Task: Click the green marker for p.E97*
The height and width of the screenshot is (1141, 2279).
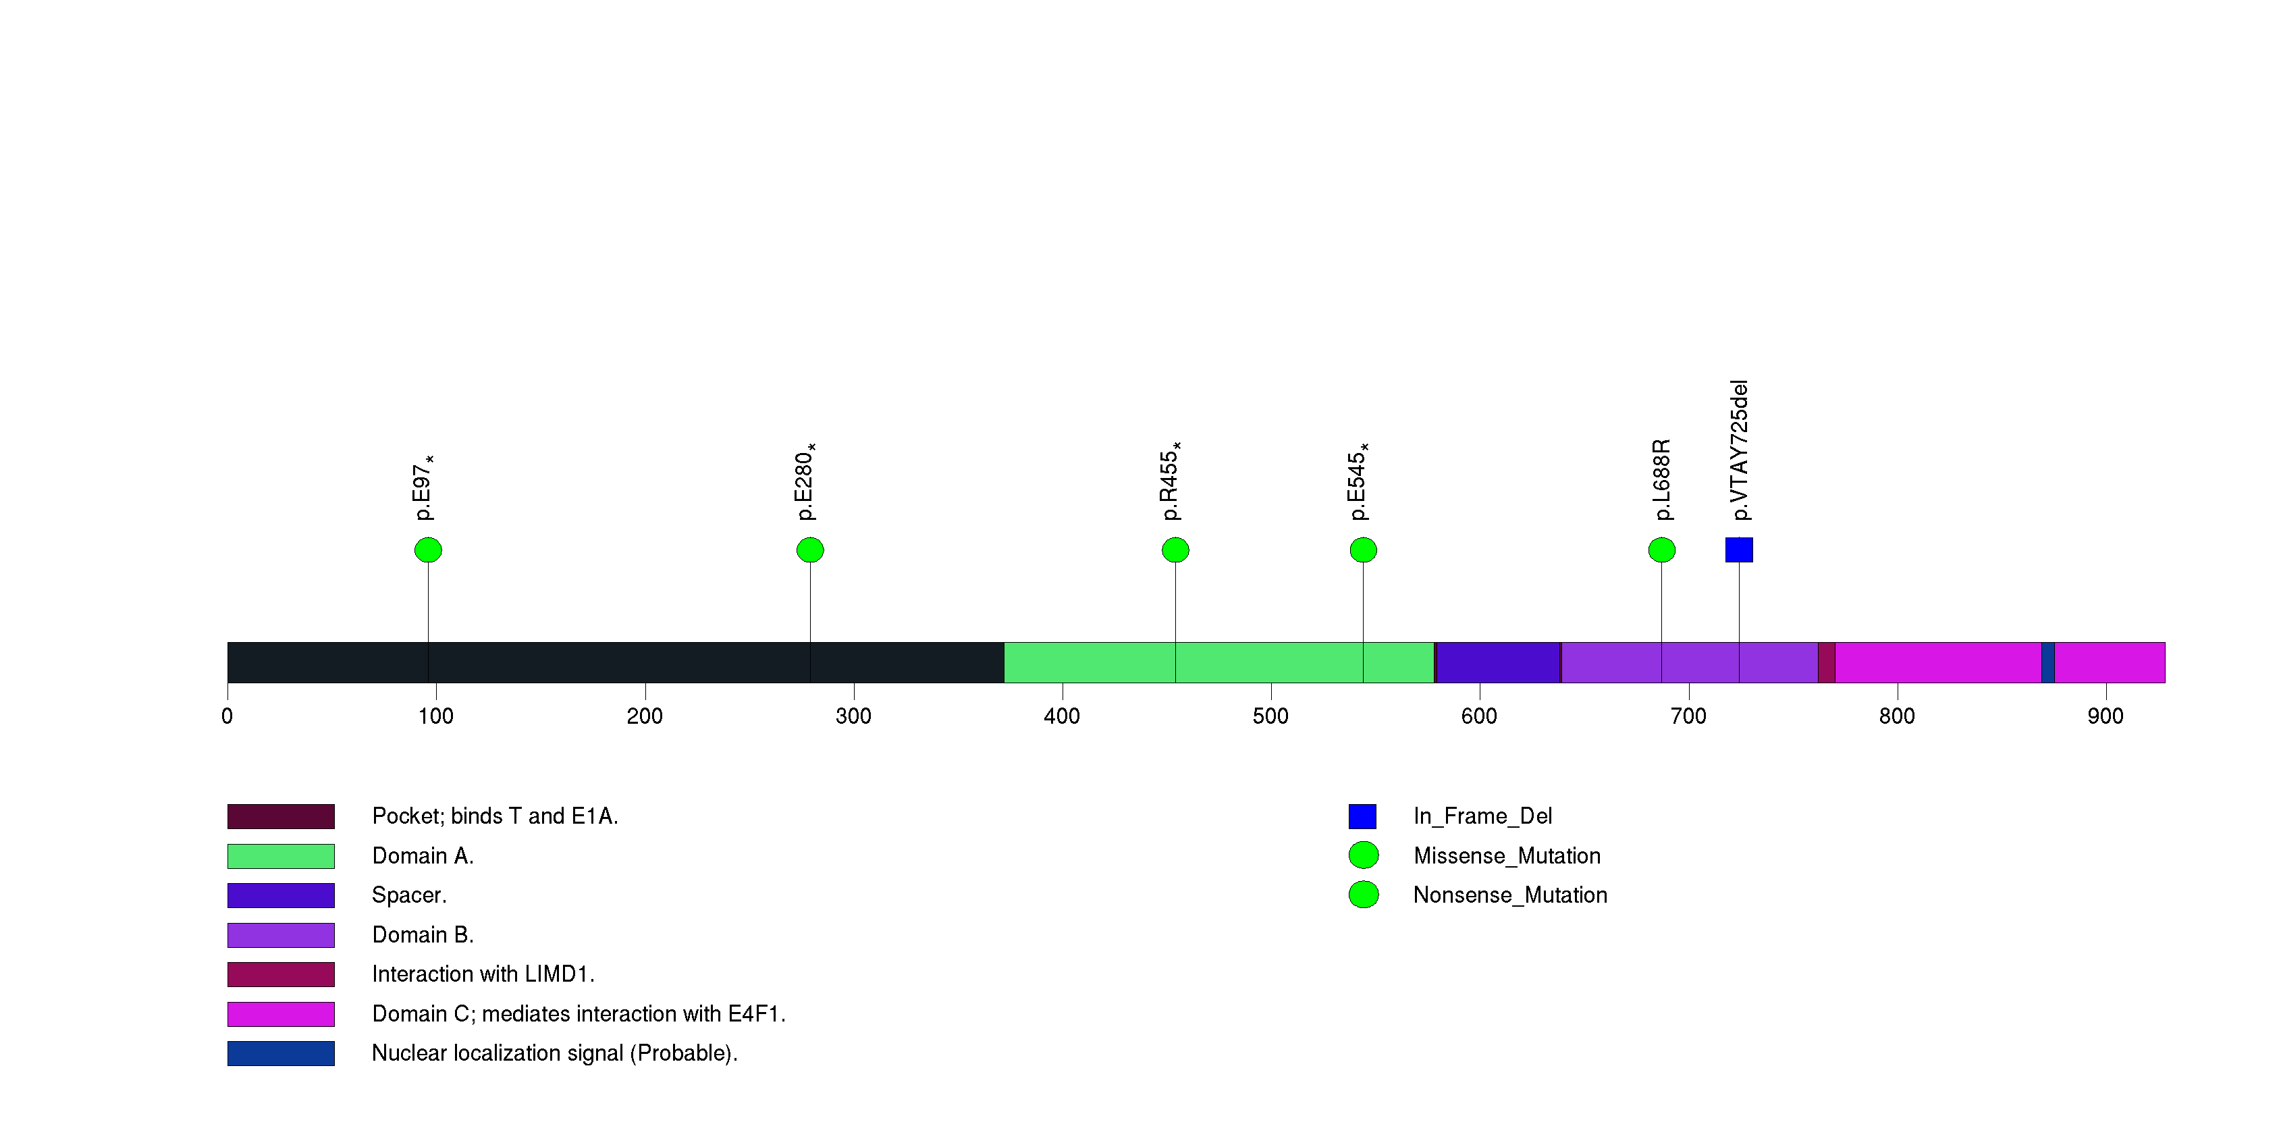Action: click(428, 550)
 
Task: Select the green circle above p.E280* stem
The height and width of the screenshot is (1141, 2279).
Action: click(810, 550)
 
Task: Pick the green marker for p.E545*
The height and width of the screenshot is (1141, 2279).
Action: click(1364, 550)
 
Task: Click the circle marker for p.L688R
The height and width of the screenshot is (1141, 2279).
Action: click(1661, 550)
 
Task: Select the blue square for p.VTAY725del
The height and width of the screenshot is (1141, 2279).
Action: click(1740, 550)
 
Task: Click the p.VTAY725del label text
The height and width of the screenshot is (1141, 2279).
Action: click(1740, 450)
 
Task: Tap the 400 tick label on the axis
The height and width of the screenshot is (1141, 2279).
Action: click(1062, 716)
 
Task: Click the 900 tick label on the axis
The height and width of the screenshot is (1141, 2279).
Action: click(2106, 716)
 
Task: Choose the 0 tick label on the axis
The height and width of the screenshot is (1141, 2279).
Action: click(227, 716)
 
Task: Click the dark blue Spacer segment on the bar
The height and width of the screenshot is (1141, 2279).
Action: click(1498, 662)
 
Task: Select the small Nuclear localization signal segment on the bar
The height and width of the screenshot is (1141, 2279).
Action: click(2048, 662)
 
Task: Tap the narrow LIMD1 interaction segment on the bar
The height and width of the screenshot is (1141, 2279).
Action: click(1827, 662)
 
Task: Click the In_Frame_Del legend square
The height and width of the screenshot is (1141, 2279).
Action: click(1362, 816)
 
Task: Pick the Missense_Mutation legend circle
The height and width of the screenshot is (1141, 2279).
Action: click(1364, 855)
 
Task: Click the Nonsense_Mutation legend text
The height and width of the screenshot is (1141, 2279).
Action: click(1510, 895)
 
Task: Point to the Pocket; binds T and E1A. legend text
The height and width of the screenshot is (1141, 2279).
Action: click(495, 816)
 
